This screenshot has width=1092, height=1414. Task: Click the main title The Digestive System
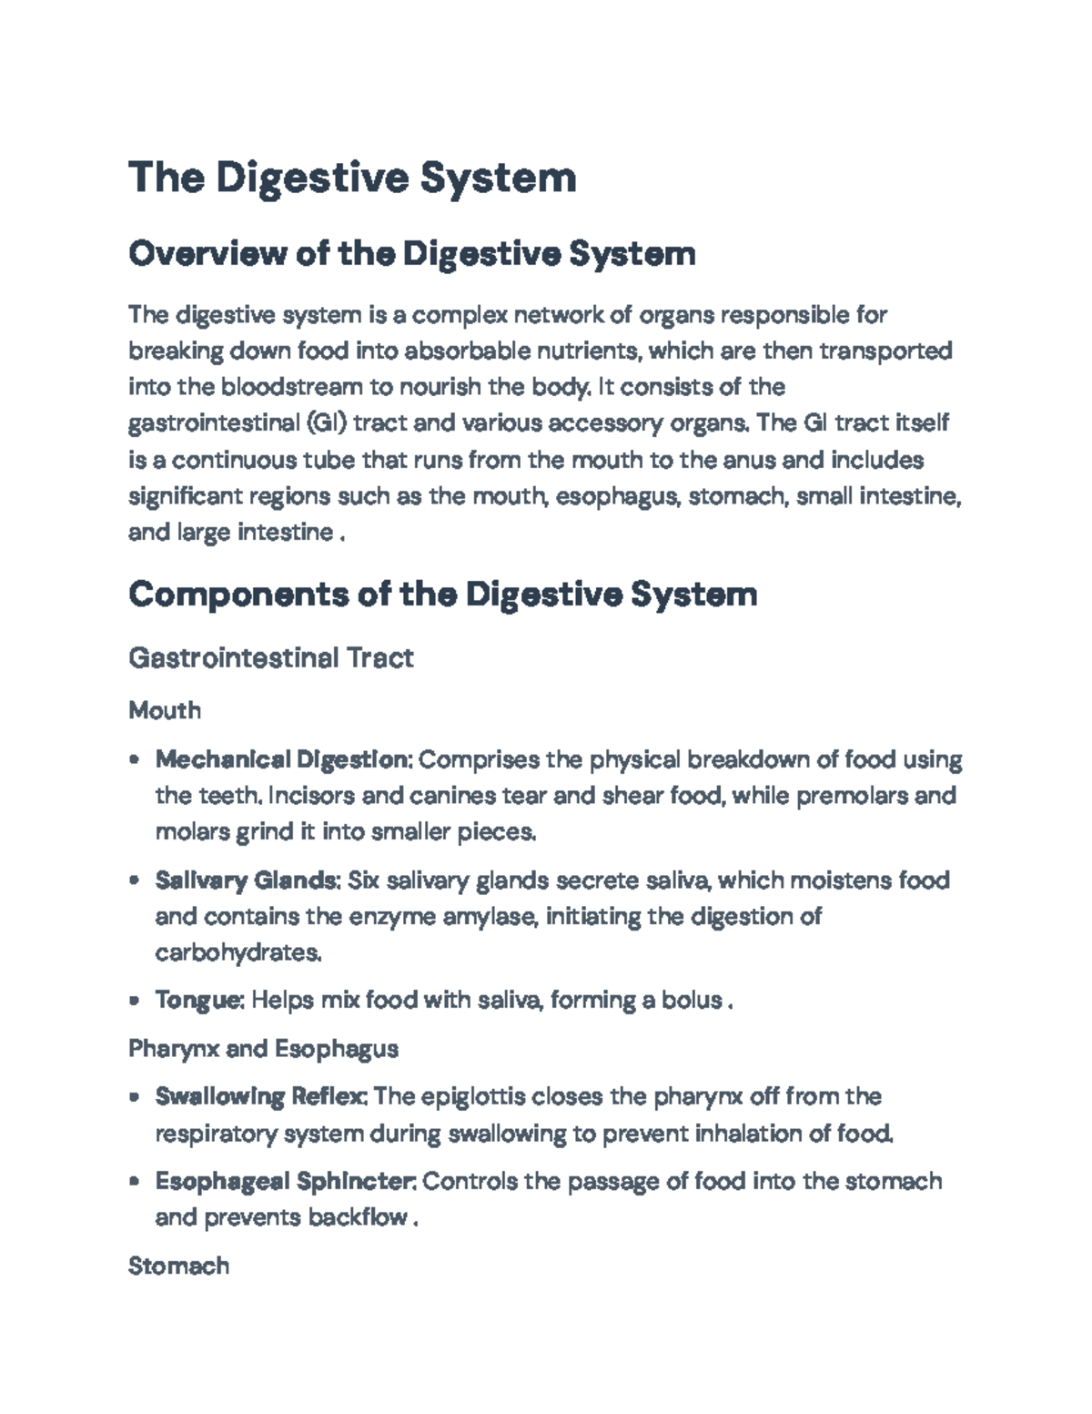pos(352,178)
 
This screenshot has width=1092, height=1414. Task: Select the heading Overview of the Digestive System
pos(412,253)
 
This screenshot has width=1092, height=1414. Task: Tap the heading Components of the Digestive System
pos(443,595)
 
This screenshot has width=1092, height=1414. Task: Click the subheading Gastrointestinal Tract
pos(271,657)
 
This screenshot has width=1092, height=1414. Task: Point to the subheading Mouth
pos(165,710)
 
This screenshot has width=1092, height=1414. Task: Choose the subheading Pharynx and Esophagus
pos(263,1049)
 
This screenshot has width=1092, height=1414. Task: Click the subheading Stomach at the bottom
pos(178,1266)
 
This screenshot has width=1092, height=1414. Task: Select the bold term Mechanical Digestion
pos(284,759)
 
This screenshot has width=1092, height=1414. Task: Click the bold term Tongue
pos(198,1001)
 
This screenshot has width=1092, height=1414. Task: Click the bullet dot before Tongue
pos(135,1002)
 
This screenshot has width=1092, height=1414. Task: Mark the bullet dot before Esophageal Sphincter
pos(135,1183)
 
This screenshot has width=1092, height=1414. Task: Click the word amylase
pos(490,917)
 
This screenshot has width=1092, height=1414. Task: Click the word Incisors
pos(312,796)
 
